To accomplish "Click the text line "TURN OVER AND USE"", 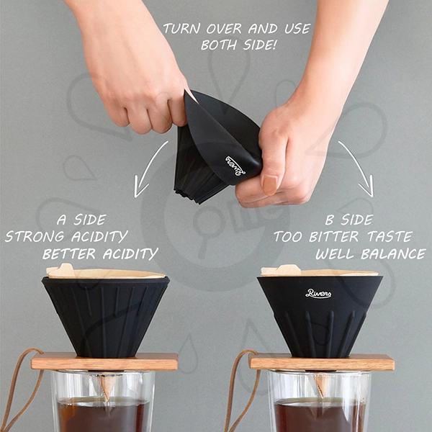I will pos(236,29).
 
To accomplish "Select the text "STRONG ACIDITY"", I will pos(66,236).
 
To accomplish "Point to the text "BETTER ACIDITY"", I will pos(100,253).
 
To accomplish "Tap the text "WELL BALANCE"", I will pos(370,254).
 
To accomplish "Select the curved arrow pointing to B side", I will pos(358,167).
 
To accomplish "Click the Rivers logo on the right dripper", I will pos(318,293).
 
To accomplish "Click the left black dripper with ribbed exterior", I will pos(106,317).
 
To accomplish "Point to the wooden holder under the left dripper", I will pos(104,361).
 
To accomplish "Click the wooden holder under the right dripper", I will pos(322,361).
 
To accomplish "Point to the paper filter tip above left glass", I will pos(106,387).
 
